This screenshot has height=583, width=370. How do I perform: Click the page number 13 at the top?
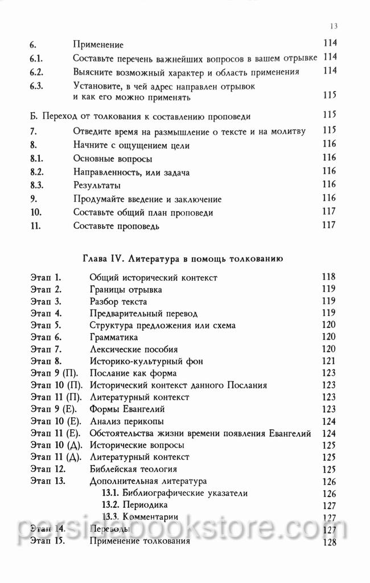coord(334,26)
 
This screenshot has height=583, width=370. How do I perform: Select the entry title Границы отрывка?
coord(125,289)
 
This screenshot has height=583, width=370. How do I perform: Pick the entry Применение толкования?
coord(140,541)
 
